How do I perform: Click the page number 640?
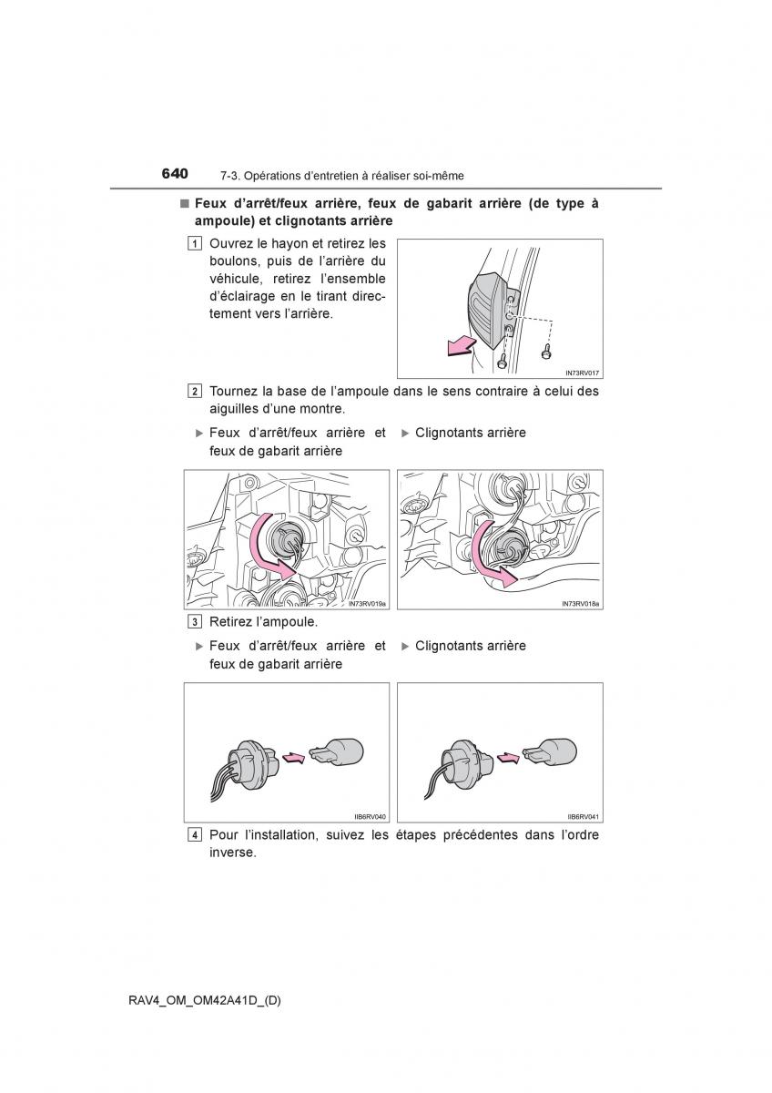point(175,172)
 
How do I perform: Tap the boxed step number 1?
point(196,243)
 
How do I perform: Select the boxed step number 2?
point(196,392)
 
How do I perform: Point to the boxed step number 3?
point(196,622)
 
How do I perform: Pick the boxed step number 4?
point(196,835)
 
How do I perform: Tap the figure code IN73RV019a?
point(367,603)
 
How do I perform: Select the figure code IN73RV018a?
point(581,603)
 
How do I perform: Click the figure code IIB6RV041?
point(582,817)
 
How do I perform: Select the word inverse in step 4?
point(232,853)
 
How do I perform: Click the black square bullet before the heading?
point(184,203)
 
